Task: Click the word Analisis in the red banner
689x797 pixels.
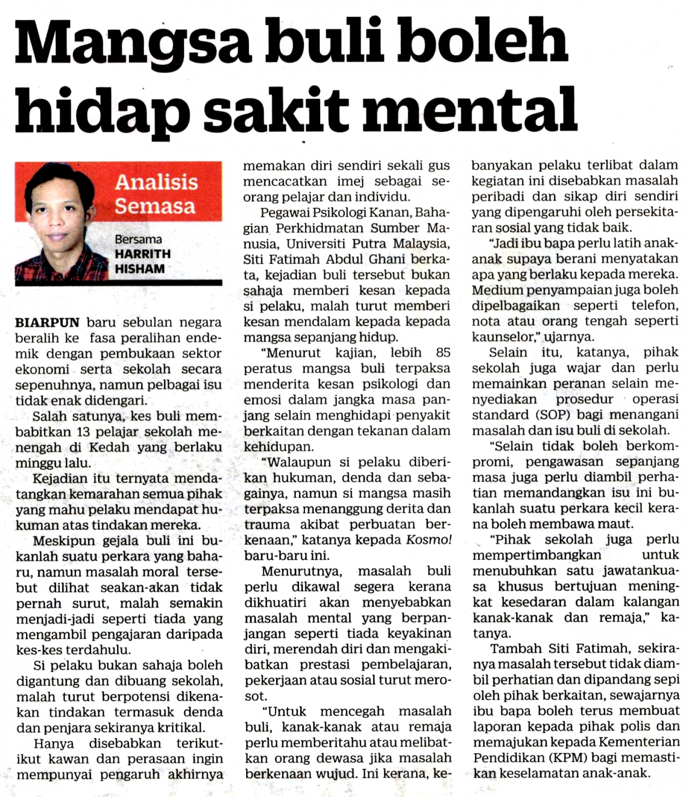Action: [156, 182]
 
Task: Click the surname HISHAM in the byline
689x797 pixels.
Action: [139, 269]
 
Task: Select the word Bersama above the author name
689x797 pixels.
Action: [138, 240]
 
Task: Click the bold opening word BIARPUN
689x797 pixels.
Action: [47, 322]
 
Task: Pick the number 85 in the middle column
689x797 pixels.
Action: [443, 352]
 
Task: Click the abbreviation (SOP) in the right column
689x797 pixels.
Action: [553, 414]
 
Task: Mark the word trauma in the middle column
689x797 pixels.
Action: [267, 524]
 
